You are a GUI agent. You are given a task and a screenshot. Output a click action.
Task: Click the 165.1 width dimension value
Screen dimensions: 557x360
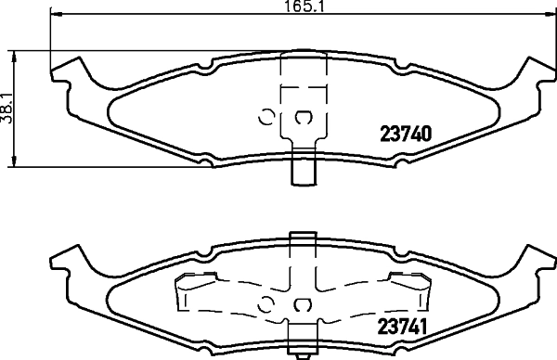304,6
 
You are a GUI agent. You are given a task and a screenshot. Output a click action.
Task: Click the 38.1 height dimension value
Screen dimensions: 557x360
6,109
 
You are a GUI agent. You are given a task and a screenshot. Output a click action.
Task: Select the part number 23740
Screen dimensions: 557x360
406,134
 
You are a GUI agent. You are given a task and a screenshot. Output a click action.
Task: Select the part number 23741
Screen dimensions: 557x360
402,327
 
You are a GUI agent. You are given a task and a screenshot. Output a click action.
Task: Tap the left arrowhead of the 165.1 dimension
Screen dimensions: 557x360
56,14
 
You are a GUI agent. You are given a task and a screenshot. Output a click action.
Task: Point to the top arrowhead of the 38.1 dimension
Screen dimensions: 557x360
14,56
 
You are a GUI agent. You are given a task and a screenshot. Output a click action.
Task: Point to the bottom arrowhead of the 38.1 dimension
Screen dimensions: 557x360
14,161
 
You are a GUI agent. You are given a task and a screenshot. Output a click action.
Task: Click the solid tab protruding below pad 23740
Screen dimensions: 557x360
304,167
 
